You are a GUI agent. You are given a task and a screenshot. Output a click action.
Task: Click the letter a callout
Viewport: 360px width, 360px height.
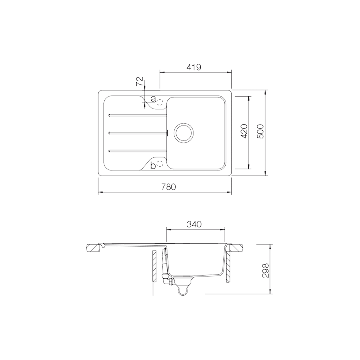pos(153,98)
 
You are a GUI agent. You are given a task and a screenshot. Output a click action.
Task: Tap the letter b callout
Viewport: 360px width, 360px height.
pos(153,165)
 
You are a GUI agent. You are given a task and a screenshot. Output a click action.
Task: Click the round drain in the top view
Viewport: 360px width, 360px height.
pos(183,132)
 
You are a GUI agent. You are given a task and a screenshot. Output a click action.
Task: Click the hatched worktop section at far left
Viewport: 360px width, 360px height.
pos(94,248)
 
